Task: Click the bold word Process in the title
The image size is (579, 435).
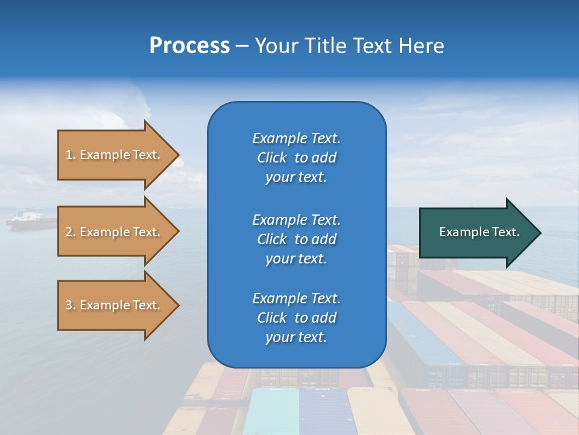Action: tap(189, 46)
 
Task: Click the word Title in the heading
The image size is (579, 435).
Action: tap(324, 46)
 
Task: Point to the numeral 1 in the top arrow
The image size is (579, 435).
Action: tap(69, 155)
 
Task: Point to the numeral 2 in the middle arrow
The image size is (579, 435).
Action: tap(69, 232)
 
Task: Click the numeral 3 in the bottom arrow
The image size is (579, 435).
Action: tap(69, 305)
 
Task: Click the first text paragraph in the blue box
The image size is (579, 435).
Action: tap(296, 158)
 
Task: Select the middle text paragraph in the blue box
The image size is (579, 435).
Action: tap(296, 239)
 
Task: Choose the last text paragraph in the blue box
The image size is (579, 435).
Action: tap(296, 318)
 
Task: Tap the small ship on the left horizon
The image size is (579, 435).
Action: tap(30, 220)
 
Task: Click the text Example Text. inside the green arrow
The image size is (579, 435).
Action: tap(479, 232)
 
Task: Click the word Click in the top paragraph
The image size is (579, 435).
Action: tap(271, 158)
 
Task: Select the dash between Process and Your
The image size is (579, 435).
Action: tap(242, 47)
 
